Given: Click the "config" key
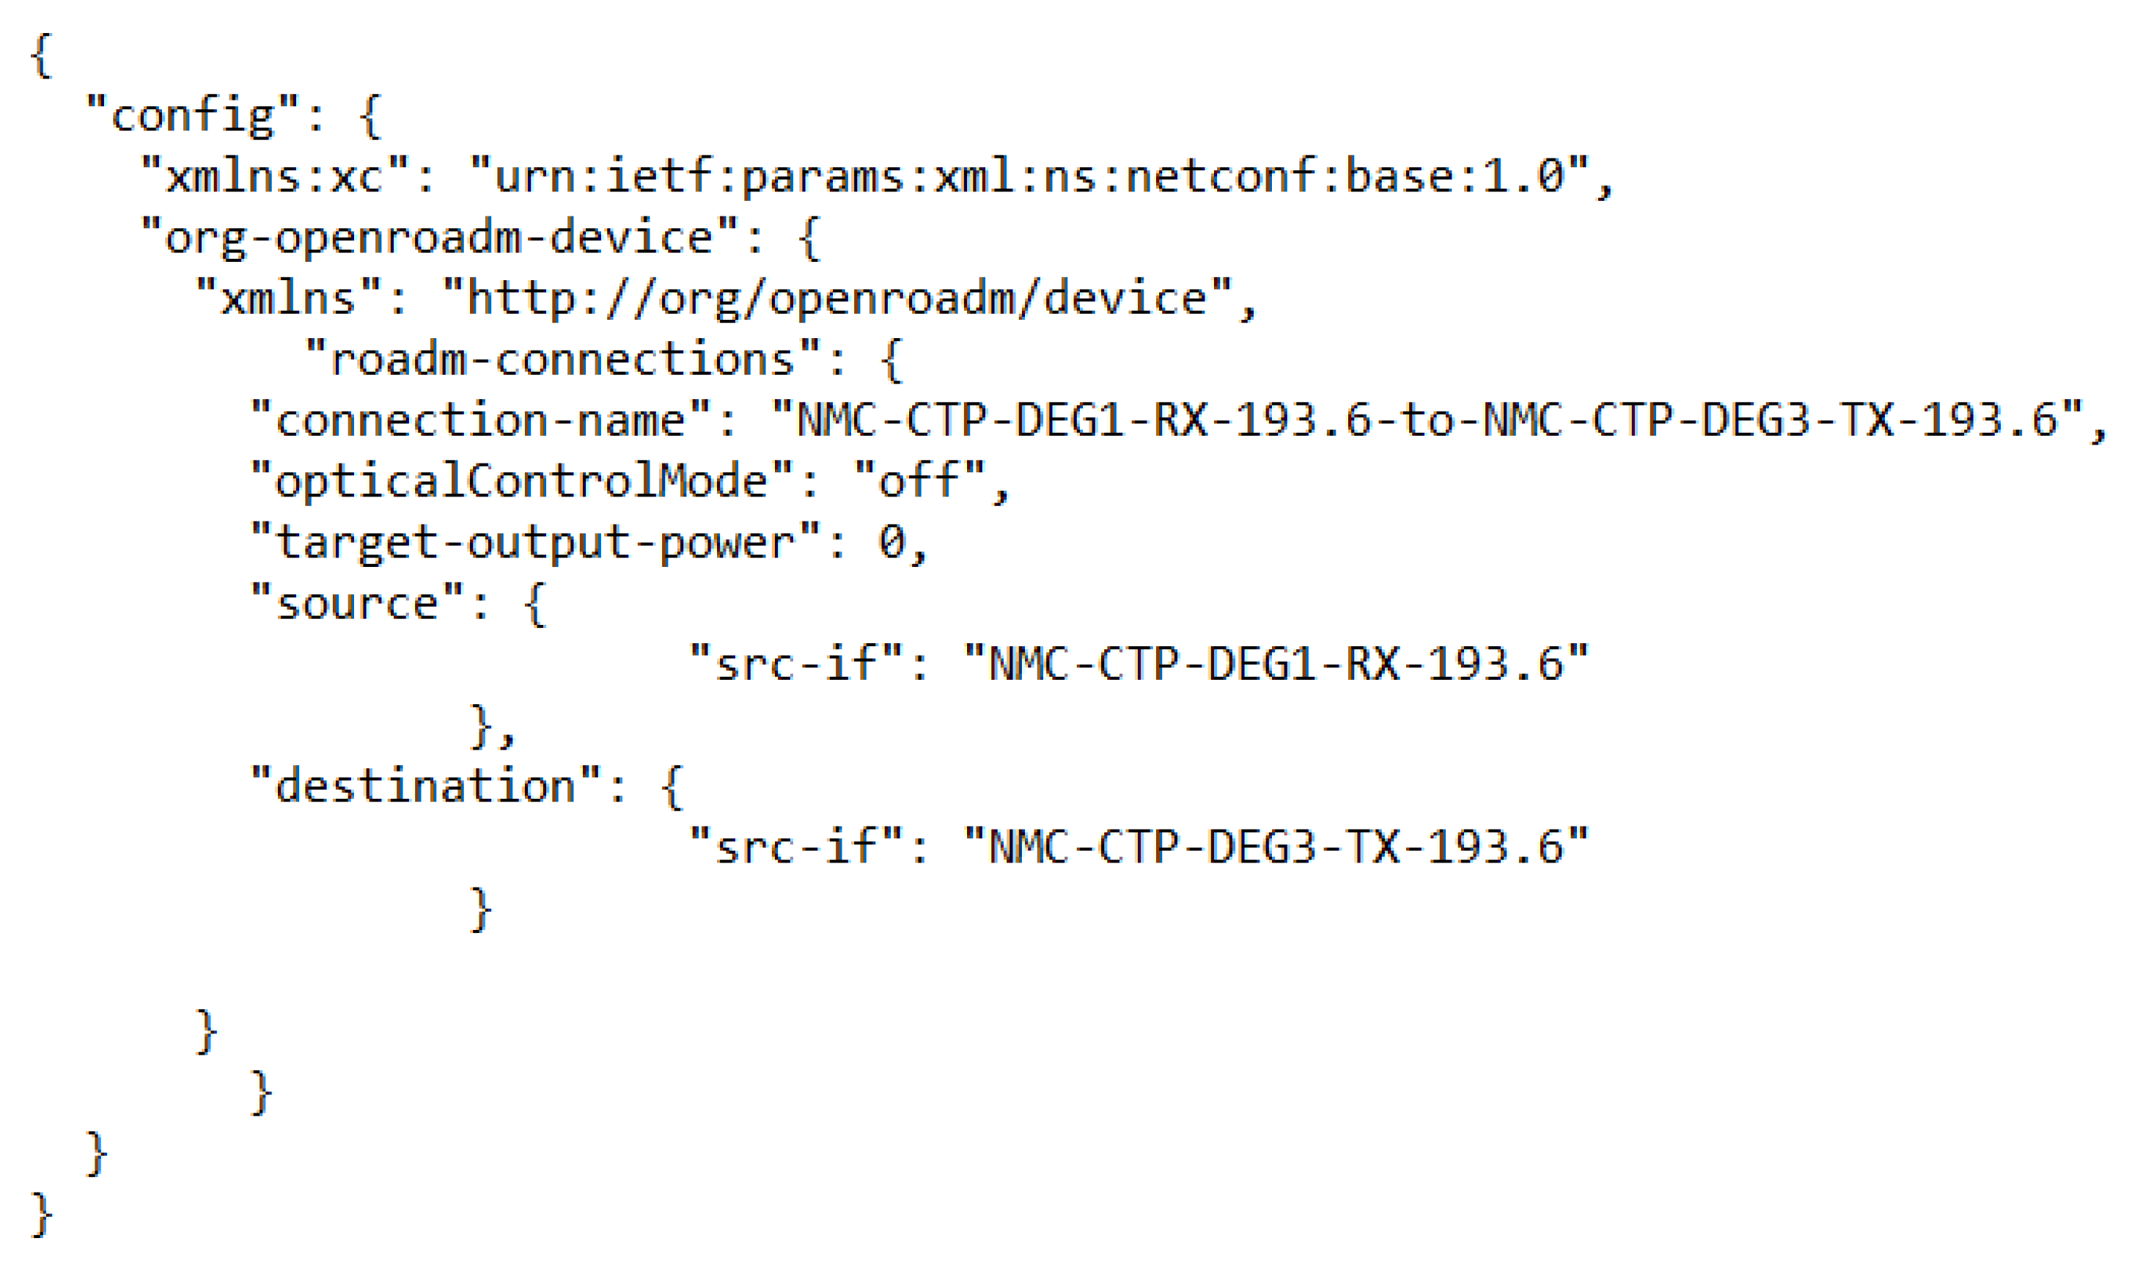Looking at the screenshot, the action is click(x=192, y=115).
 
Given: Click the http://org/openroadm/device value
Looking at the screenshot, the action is click(x=836, y=299).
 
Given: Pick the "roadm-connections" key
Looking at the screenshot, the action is click(x=562, y=359).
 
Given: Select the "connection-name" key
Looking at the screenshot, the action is click(x=479, y=421).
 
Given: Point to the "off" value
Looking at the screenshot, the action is click(x=919, y=481).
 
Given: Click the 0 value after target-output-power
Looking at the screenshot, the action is click(x=891, y=543).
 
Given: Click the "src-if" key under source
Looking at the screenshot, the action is click(x=795, y=665).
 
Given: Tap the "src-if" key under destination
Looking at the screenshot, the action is click(x=795, y=847).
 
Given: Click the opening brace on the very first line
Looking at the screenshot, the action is click(x=40, y=55).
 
